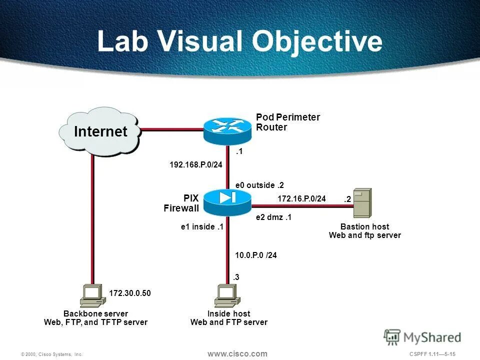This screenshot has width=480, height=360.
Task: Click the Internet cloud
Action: (100, 131)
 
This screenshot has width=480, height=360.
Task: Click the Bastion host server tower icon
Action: (362, 203)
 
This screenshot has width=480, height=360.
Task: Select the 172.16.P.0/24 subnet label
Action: (301, 198)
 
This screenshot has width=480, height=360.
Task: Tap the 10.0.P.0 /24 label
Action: (256, 255)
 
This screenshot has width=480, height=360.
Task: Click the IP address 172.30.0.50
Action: (129, 293)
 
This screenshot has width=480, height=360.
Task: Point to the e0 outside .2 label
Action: (259, 185)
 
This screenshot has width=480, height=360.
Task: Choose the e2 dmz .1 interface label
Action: (273, 217)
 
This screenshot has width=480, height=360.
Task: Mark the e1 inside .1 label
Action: (201, 227)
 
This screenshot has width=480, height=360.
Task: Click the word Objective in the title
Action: (317, 42)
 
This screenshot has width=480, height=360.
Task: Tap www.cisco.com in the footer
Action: (237, 353)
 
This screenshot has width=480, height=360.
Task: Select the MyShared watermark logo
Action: (422, 337)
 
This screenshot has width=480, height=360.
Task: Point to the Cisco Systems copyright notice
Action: (51, 354)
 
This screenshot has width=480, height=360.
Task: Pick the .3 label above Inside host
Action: (236, 276)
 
